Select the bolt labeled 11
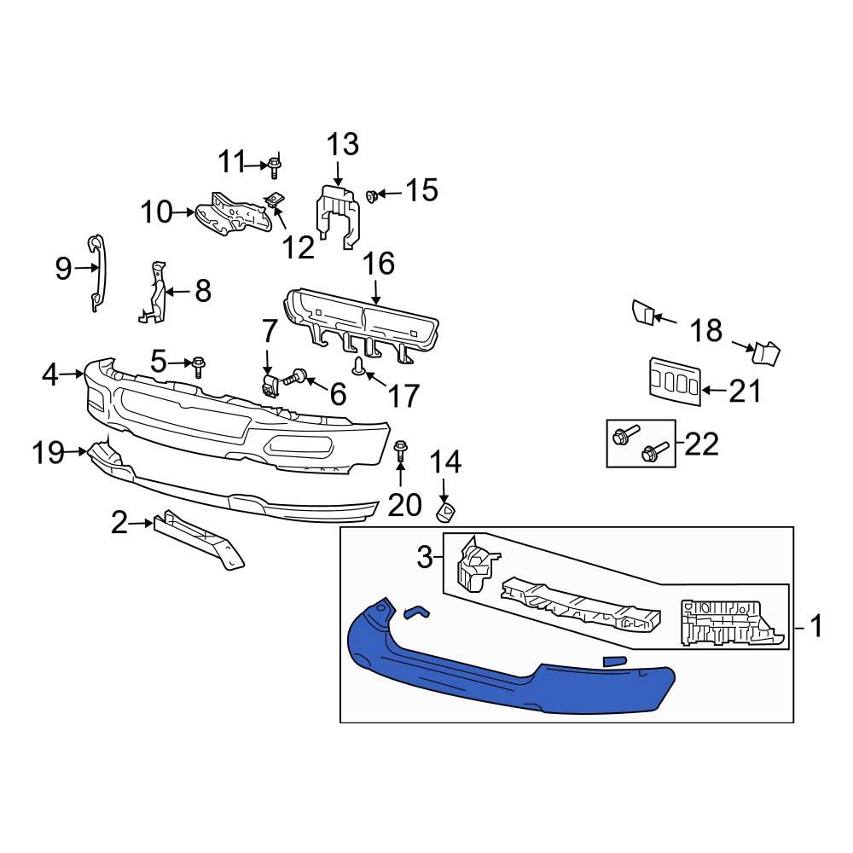click(x=275, y=165)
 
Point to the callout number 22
click(x=701, y=444)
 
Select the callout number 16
click(x=380, y=264)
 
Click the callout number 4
click(x=50, y=374)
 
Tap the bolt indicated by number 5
click(x=199, y=367)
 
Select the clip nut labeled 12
click(x=273, y=202)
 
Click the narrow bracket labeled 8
click(x=154, y=294)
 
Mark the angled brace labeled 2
click(x=196, y=537)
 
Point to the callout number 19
click(x=49, y=452)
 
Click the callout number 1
click(x=815, y=629)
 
